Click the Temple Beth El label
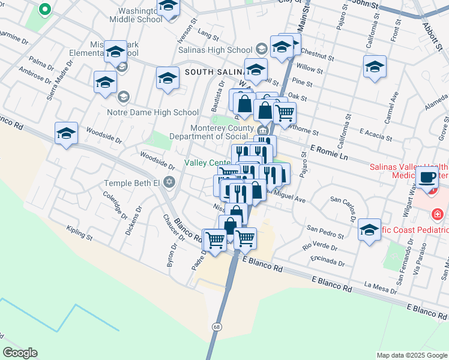(131, 182)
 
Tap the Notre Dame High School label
(152, 112)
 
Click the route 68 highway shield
(217, 326)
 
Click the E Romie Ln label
(329, 151)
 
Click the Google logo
(20, 353)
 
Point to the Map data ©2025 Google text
(411, 355)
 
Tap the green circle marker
(44, 10)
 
